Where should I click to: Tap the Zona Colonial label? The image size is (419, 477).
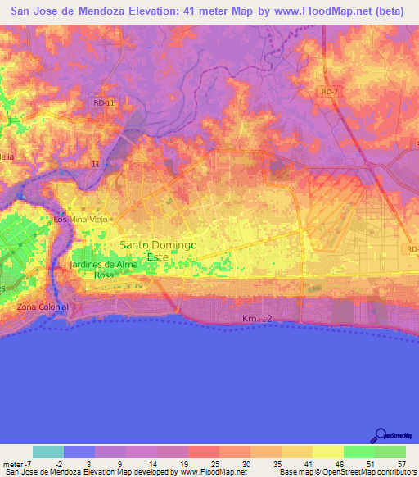coord(43,307)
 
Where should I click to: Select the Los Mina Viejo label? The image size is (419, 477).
coord(79,220)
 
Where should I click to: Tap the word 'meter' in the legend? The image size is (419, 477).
coord(14,464)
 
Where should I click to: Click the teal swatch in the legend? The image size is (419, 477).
coord(48,452)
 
